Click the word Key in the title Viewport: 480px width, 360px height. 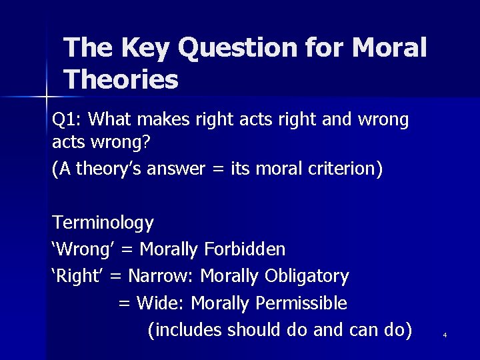coord(140,48)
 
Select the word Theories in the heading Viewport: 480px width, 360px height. coord(121,80)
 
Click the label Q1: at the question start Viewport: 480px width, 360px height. coord(67,120)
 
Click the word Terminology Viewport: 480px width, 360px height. coord(103,223)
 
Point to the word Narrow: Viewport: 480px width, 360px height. coord(161,276)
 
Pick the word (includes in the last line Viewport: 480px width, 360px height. coord(185,330)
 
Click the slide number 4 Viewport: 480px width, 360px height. coord(445,335)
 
